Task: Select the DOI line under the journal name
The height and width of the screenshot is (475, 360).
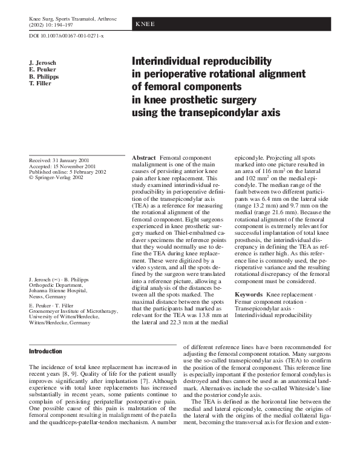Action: point(67,38)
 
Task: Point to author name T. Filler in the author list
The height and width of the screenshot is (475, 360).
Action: point(41,84)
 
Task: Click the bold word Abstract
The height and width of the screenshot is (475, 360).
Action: point(145,157)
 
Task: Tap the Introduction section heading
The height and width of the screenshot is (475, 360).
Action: point(45,351)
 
